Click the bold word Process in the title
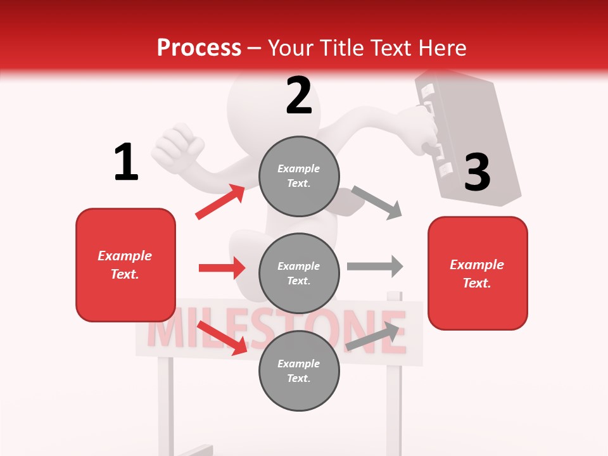[199, 47]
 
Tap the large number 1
[126, 162]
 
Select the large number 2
[299, 96]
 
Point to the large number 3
[478, 172]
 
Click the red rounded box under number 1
[125, 265]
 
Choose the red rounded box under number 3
[478, 273]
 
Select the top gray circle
[299, 176]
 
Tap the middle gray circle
[299, 273]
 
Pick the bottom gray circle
[299, 370]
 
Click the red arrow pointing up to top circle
[220, 202]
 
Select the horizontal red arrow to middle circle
[222, 268]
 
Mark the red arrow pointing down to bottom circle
[222, 338]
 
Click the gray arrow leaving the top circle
[377, 202]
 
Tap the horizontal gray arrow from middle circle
[375, 266]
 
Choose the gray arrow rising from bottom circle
[376, 336]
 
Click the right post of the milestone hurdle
[394, 393]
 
